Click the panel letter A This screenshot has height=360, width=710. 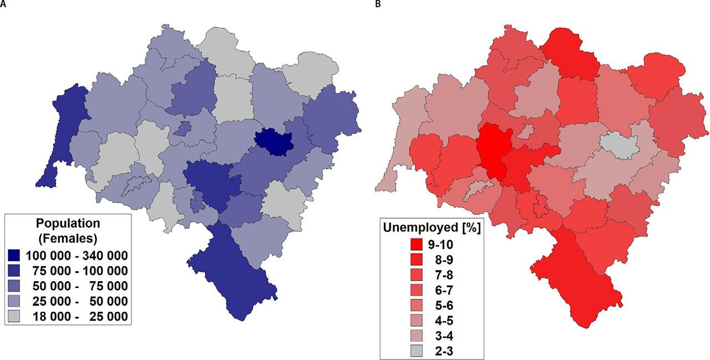(3, 4)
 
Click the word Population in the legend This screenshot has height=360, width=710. (68, 224)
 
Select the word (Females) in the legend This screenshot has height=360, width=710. (68, 239)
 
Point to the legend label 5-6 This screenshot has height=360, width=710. (444, 304)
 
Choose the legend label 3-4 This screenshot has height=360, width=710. (444, 334)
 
